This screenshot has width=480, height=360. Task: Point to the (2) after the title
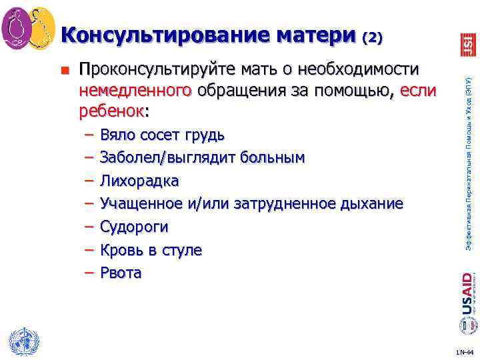pyautogui.click(x=372, y=38)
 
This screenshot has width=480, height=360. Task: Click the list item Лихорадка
pyautogui.click(x=139, y=181)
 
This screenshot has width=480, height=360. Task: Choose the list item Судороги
pyautogui.click(x=134, y=227)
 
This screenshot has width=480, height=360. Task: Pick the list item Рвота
pyautogui.click(x=121, y=273)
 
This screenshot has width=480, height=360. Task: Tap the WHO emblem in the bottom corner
pyautogui.click(x=23, y=341)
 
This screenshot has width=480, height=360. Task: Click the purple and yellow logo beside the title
pyautogui.click(x=28, y=28)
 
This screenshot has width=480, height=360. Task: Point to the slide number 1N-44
pyautogui.click(x=464, y=351)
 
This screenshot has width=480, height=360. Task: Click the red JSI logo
pyautogui.click(x=467, y=45)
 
